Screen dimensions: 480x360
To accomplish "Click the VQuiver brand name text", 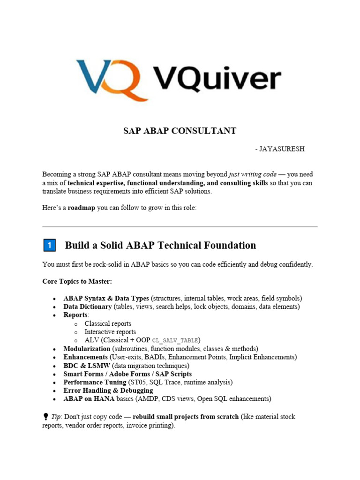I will pos(217,78).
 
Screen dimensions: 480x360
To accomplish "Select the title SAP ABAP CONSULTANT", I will pos(180,131).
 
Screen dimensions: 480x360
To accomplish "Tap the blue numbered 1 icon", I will pos(49,245).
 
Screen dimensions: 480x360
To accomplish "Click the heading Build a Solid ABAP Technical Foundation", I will pos(160,245).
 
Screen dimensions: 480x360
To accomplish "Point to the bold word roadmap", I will pos(82,208).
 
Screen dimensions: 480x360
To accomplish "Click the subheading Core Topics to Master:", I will pos(77,281).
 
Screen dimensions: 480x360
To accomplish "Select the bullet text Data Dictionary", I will pos(88,307).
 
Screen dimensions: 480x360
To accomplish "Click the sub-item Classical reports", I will pos(108,323).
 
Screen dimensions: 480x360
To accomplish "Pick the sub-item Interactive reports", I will pos(110,332).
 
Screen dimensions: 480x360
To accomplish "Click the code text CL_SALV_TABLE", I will pos(176,340).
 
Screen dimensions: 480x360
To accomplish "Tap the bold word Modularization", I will pos(87,349).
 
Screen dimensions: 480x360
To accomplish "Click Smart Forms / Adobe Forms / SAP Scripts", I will pos(127,374).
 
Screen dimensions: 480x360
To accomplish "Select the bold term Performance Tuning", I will pos(92,382).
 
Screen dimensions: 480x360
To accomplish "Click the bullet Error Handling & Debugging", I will pos(108,390).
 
